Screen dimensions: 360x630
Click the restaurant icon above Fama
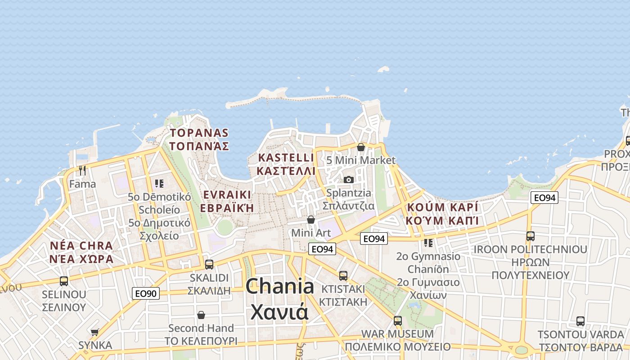[82, 170]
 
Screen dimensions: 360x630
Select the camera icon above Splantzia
[348, 180]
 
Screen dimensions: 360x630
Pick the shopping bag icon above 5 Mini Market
[360, 147]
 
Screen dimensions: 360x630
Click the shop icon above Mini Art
[310, 220]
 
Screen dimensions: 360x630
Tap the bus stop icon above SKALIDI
[209, 264]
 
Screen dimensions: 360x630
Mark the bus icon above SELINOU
[63, 281]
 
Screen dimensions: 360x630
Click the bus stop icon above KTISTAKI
[343, 275]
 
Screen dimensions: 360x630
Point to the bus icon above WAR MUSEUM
[397, 321]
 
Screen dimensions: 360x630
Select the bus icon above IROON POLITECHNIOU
[530, 236]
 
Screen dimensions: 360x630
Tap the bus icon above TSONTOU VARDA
[580, 321]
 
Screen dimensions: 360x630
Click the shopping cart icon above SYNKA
[94, 332]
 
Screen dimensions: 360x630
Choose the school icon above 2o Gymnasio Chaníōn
[428, 243]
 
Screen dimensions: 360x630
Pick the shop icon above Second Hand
[201, 315]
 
